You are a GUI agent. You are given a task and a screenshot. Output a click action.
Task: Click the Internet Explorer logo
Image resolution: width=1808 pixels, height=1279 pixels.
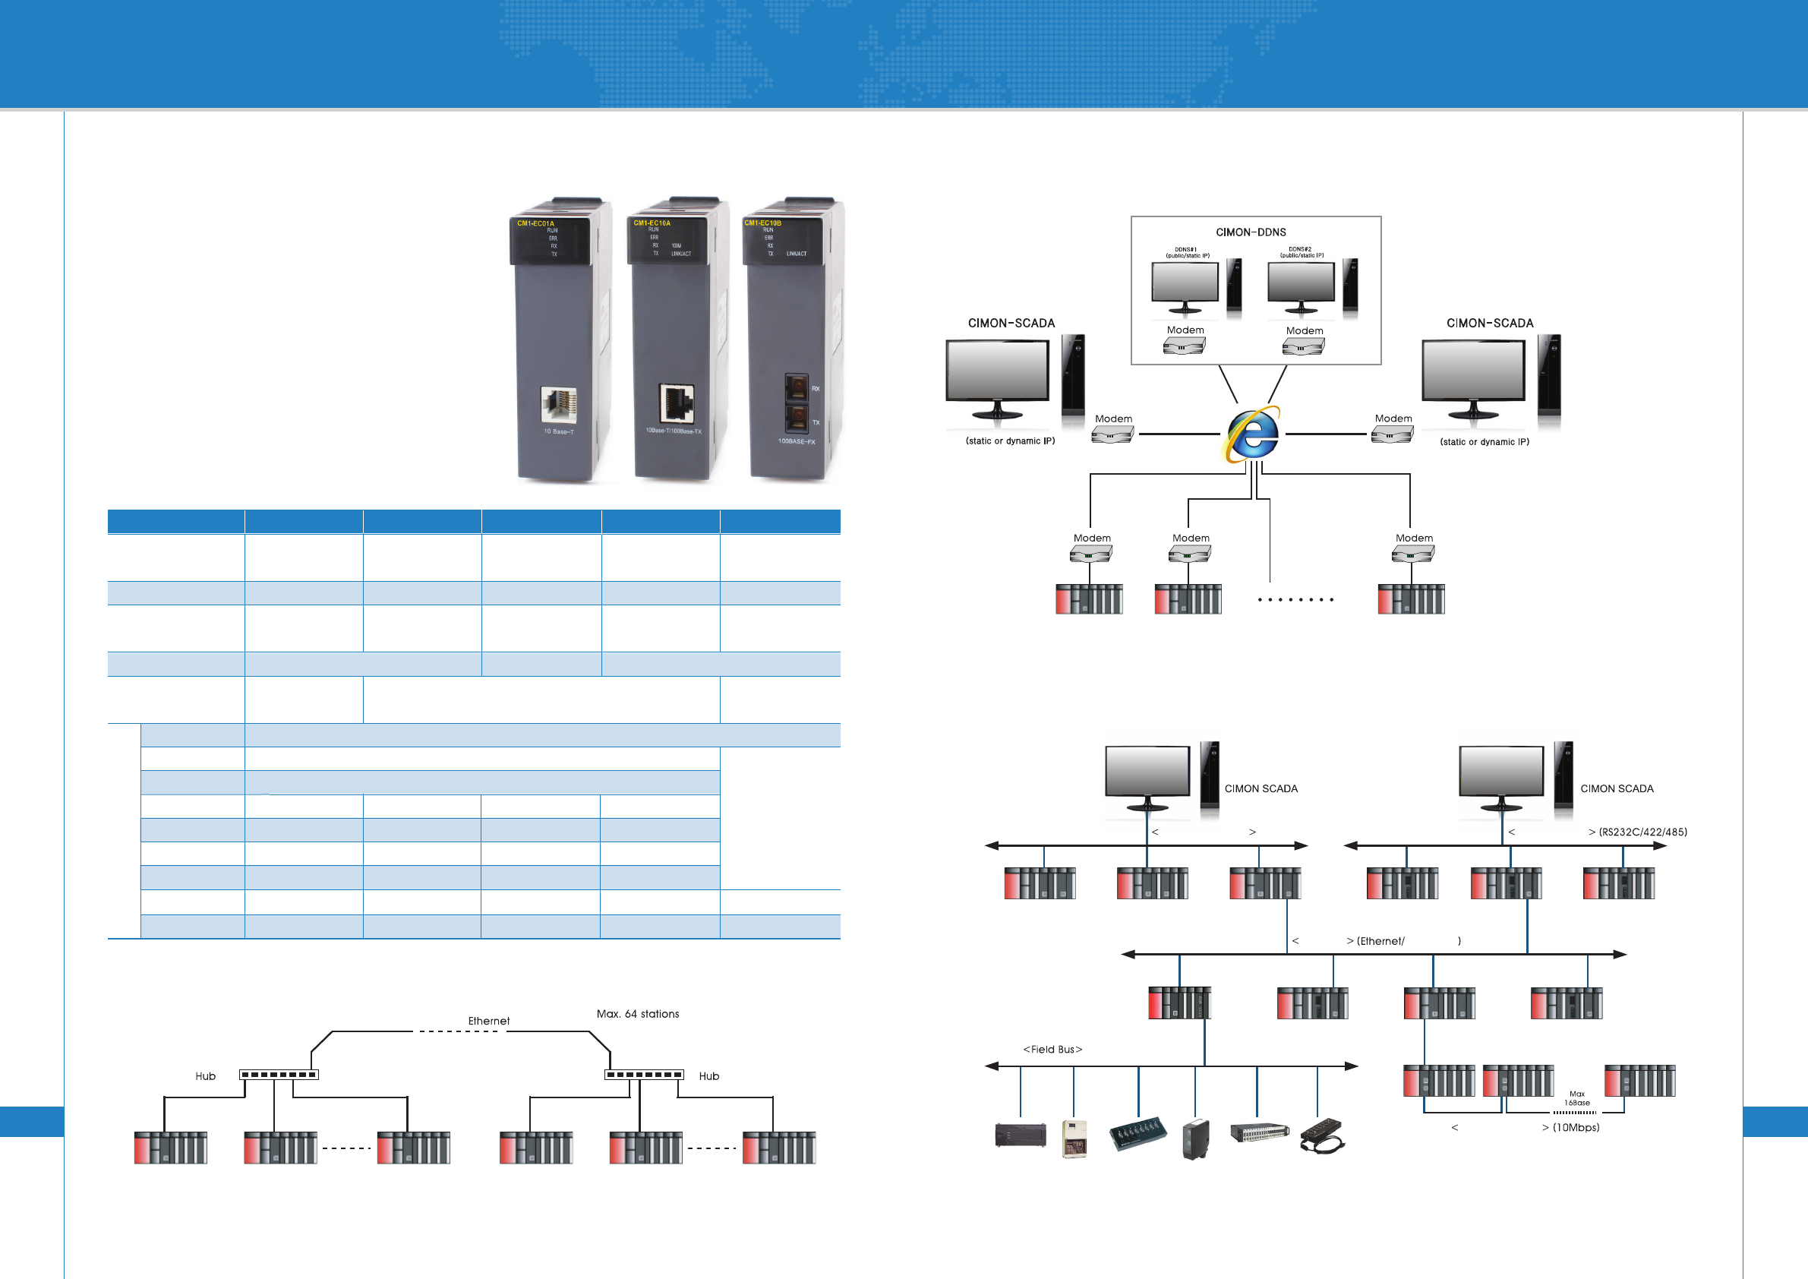[x=1252, y=434]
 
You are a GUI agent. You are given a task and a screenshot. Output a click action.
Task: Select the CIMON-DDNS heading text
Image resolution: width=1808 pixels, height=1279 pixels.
[x=1251, y=232]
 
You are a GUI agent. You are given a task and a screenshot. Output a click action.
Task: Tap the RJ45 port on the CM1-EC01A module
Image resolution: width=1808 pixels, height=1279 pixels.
[x=558, y=405]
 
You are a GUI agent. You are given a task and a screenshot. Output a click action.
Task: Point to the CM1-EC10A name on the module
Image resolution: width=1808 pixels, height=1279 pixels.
[x=652, y=223]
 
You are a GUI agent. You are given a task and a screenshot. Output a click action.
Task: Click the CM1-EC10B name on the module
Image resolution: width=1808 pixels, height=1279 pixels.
[x=763, y=223]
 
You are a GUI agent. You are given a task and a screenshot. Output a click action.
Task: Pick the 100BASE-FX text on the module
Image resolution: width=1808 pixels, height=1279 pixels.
[x=796, y=441]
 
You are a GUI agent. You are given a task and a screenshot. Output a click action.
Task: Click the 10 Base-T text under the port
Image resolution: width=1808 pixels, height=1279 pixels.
[x=558, y=431]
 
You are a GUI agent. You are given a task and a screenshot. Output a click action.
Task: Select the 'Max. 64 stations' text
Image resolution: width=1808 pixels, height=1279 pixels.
[x=638, y=1014]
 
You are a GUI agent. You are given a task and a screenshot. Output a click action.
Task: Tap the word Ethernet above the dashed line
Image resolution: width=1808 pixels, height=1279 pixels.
[x=489, y=1021]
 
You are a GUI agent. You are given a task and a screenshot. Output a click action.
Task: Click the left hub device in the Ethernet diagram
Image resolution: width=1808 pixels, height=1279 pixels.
[x=279, y=1075]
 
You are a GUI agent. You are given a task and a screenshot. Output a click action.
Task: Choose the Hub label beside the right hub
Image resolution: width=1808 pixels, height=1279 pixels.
[x=708, y=1075]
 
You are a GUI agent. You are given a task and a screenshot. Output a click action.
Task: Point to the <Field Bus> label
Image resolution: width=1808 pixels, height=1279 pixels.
[x=1052, y=1049]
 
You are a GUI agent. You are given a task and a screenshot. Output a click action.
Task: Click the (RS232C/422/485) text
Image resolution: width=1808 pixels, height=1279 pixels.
[x=1642, y=832]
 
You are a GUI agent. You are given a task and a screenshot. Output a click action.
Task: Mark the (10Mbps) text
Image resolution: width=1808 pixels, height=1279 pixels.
[x=1576, y=1127]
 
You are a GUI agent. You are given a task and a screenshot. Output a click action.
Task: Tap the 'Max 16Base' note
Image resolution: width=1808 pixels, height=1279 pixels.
[x=1576, y=1098]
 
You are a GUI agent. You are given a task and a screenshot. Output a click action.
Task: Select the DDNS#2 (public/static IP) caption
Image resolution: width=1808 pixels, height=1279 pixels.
[x=1301, y=252]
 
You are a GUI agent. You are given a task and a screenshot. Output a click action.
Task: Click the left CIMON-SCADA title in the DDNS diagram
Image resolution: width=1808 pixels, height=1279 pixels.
[x=1011, y=323]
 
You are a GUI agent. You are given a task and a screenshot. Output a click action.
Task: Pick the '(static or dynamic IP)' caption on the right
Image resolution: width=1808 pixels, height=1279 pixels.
[x=1485, y=442]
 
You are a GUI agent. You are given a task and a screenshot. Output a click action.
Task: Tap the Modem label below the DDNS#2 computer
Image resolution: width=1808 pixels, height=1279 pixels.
[x=1304, y=331]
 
